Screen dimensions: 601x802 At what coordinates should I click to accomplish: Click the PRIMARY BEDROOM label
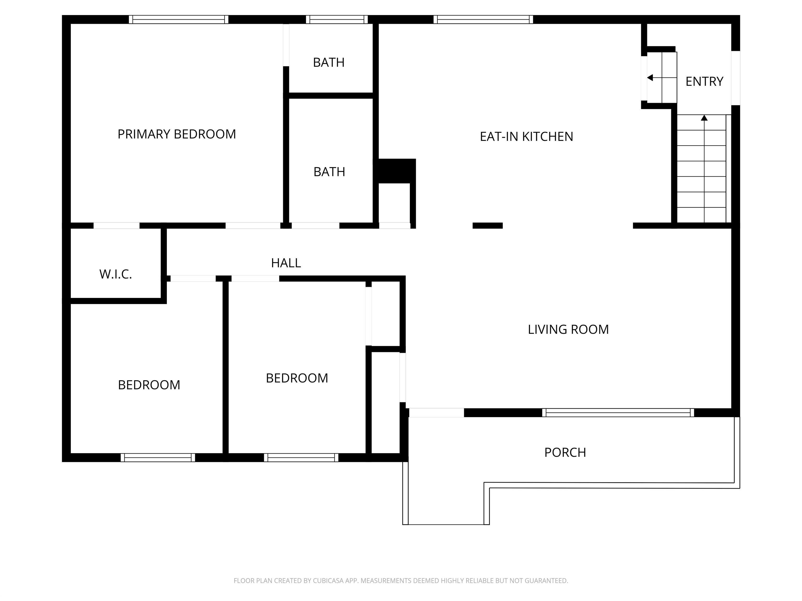pos(176,134)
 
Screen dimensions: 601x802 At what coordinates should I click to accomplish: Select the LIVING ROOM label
pos(568,329)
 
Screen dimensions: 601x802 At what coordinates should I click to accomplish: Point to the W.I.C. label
pos(115,274)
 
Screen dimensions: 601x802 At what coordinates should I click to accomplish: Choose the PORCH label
pos(565,453)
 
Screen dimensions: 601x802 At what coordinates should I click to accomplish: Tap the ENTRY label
pos(704,81)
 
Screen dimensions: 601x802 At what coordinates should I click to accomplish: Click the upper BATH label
pos(328,63)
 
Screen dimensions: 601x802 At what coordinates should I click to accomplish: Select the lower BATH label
pos(329,172)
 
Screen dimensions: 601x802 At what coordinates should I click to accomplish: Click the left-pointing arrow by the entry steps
pos(650,77)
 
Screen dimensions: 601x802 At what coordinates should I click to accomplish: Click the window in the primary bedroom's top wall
pos(178,20)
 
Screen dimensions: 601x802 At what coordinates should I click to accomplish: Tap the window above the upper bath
pos(337,20)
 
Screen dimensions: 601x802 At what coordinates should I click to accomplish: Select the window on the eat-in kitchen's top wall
pos(483,20)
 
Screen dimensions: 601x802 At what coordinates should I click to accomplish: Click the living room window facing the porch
pos(618,413)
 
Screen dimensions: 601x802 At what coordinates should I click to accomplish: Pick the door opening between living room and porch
pos(436,413)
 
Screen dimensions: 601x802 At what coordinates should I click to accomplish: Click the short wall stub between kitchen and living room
pos(487,226)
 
